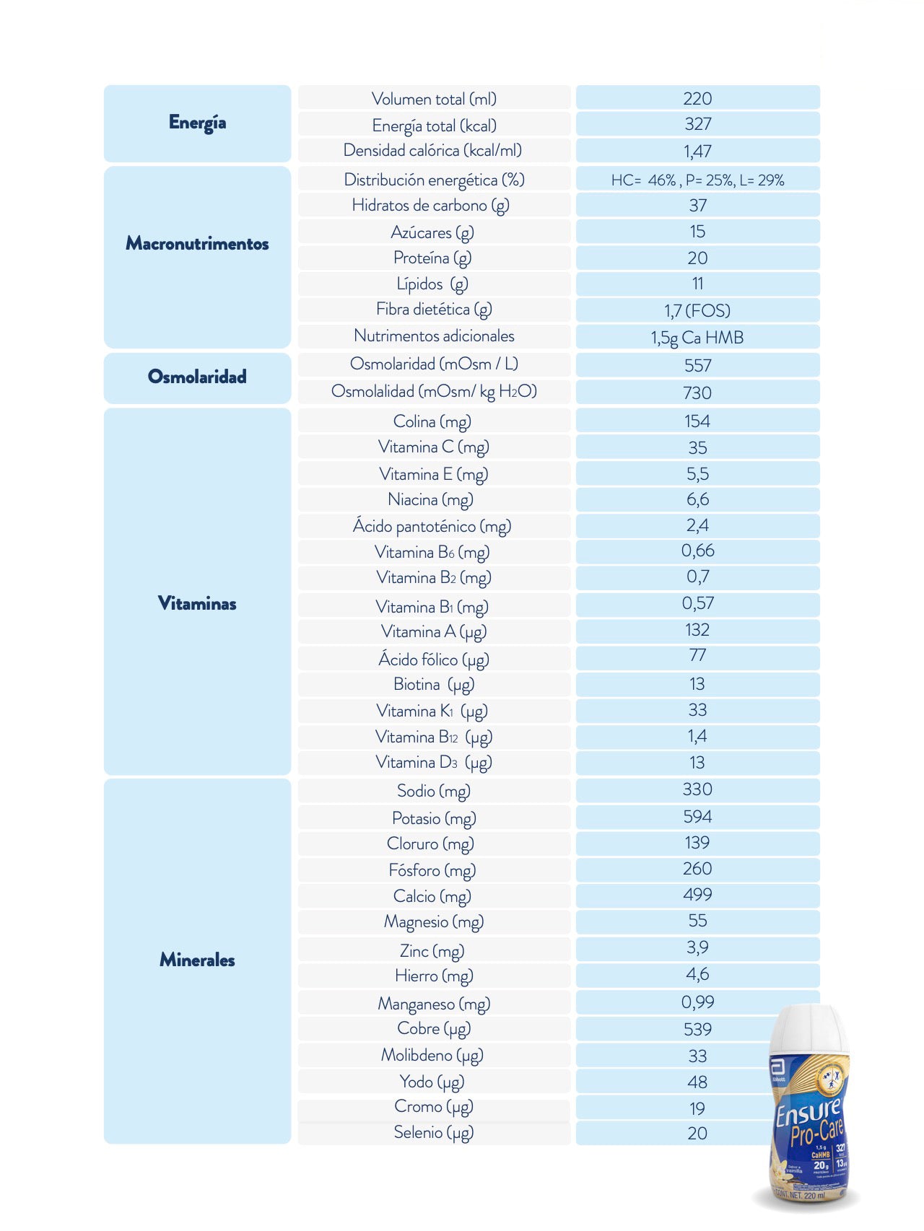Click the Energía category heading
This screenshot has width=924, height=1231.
coord(197,123)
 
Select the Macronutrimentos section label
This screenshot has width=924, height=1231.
coord(197,243)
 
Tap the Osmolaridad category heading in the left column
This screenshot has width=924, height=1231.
coord(197,377)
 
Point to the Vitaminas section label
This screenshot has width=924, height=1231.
coord(197,603)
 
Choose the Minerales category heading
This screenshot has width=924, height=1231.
coord(197,960)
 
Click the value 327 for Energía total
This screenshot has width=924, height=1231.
coord(697,124)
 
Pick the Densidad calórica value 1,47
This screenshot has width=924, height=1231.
coord(697,151)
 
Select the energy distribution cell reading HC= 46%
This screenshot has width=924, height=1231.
coord(697,180)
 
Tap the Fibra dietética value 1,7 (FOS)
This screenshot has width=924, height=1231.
coord(697,310)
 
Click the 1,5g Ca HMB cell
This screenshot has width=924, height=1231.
coord(697,337)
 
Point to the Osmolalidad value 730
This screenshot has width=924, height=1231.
coord(697,393)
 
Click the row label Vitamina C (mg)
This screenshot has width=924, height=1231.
coord(434,447)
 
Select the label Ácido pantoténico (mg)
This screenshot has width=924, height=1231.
coord(432,526)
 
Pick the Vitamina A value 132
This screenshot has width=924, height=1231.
coord(697,630)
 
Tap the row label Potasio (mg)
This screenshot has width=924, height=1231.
coord(434,818)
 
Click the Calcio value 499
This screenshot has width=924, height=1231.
coord(697,895)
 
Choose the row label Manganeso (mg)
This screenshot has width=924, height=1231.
coord(434,1004)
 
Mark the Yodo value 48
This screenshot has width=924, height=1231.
coord(697,1082)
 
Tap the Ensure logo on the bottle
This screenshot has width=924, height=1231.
coord(808,1111)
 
